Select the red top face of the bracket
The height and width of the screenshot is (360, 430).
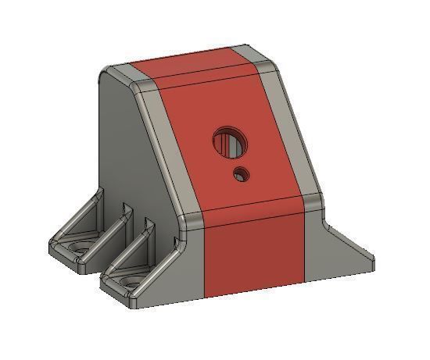click(x=188, y=70)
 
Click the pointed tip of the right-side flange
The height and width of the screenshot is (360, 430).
click(x=369, y=255)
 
